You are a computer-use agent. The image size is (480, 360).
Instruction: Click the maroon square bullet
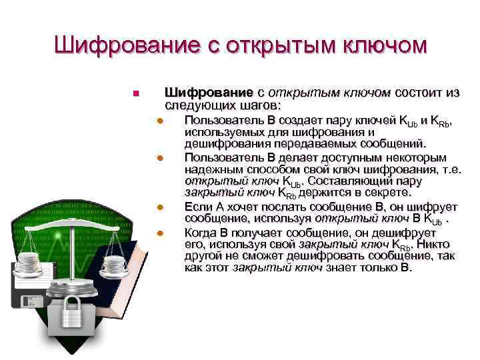tap(135, 93)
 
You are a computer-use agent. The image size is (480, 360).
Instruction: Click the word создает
tap(307, 121)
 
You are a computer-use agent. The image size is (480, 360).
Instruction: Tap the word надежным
tap(213, 169)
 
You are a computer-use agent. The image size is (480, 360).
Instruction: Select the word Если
tap(199, 205)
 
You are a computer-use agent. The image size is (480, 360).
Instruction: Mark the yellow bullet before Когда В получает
tap(160, 233)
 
